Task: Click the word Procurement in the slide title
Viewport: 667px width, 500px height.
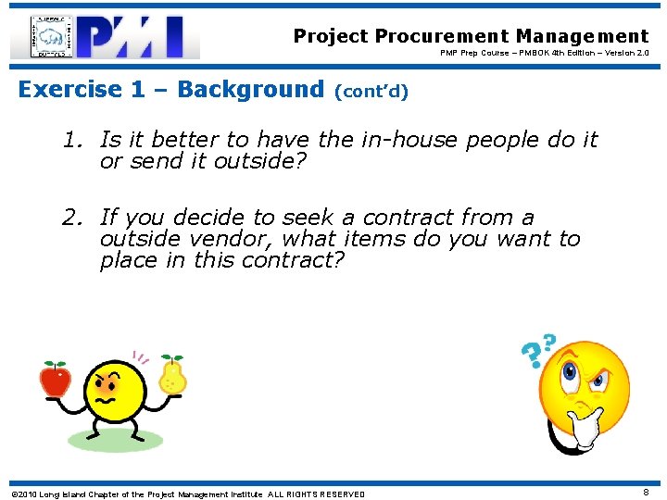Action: click(443, 36)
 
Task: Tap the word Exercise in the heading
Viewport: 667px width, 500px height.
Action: click(69, 90)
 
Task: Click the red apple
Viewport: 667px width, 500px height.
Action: click(55, 379)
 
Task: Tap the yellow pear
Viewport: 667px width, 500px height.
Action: click(172, 374)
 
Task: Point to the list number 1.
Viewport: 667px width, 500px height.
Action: click(71, 141)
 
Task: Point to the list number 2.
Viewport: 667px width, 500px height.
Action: click(71, 219)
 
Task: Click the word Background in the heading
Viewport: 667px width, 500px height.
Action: click(250, 90)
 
